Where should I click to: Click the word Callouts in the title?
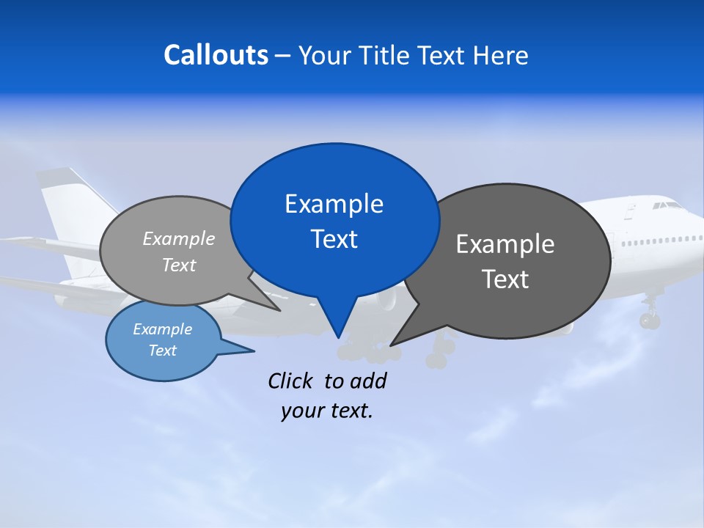[216, 55]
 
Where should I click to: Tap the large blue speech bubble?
[334, 220]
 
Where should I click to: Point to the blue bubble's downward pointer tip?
[338, 337]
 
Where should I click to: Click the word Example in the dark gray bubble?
[505, 244]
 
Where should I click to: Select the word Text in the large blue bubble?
[334, 239]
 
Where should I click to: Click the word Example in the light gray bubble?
[178, 238]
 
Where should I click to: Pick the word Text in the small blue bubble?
[162, 351]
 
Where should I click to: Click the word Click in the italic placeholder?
[291, 381]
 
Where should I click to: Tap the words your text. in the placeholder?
[327, 411]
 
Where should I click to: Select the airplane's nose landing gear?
[649, 315]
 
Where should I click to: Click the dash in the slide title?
[283, 56]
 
